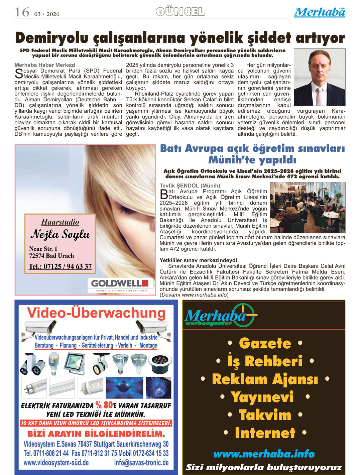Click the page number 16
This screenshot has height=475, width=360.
point(22,12)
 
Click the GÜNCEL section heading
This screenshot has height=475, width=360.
point(180,12)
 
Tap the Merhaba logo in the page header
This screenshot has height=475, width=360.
point(320,12)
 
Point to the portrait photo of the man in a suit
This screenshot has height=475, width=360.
point(319,77)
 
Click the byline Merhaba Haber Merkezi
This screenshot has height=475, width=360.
point(45,65)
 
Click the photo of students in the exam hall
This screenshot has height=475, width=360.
point(308,207)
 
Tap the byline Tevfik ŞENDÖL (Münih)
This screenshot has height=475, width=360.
point(190,186)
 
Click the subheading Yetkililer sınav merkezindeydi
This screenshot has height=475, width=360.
point(198,260)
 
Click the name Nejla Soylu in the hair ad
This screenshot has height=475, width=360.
point(61,234)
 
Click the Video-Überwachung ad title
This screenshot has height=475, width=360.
point(96,313)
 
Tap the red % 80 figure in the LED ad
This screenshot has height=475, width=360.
point(104,405)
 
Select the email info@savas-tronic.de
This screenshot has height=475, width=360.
point(141,463)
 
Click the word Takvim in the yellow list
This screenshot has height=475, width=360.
point(265,415)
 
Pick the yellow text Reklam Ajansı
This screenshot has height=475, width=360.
point(265,379)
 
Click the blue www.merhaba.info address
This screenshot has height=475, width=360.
point(264,454)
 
